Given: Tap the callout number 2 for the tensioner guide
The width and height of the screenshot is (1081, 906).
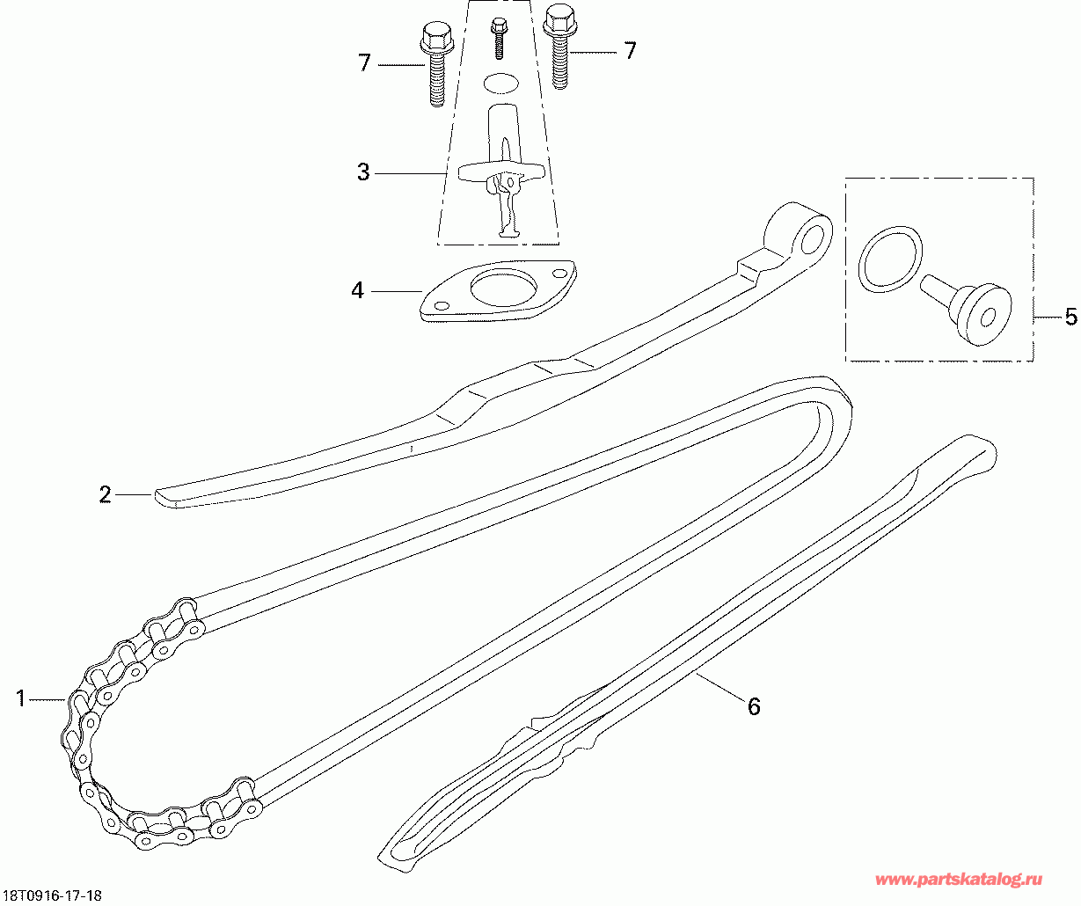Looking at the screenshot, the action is click(x=105, y=494).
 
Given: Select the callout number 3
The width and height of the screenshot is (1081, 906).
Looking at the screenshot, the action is click(x=363, y=172).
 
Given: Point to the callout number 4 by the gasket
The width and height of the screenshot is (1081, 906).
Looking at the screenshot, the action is click(x=358, y=290).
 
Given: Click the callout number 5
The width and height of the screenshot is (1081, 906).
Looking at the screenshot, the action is click(x=1070, y=317).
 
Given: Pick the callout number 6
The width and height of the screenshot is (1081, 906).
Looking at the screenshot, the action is click(x=754, y=706).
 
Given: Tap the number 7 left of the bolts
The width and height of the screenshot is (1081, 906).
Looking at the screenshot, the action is click(x=364, y=62).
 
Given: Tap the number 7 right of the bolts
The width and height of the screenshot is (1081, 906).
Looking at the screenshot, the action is click(x=630, y=51).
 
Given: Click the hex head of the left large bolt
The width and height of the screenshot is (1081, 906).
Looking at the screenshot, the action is click(x=436, y=34).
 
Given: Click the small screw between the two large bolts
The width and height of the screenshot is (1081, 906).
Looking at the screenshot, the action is click(x=499, y=37).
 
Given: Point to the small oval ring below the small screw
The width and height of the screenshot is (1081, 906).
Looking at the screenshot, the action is click(x=500, y=84).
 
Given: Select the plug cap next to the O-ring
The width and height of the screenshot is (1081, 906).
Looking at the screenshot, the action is click(x=968, y=310).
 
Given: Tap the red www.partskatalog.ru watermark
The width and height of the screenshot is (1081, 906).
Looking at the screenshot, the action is click(x=959, y=880).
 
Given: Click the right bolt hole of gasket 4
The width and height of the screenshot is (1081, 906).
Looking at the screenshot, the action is click(x=559, y=273).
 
